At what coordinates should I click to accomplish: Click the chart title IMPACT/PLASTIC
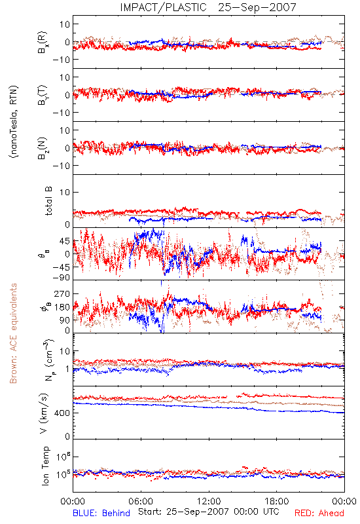(x=163, y=7)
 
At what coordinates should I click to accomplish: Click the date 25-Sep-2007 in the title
(x=257, y=7)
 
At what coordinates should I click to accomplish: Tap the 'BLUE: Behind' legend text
(x=101, y=513)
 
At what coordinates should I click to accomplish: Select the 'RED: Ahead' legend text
(x=319, y=513)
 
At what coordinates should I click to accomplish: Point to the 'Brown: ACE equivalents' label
(x=13, y=333)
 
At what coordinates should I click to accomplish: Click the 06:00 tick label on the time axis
(x=141, y=501)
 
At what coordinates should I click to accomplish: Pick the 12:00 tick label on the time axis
(x=209, y=501)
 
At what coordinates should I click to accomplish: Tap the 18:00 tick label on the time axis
(x=277, y=501)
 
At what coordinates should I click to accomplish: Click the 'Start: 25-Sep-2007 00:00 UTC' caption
(x=208, y=512)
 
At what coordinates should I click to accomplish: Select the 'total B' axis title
(x=48, y=201)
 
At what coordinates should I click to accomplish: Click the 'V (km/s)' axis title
(x=45, y=413)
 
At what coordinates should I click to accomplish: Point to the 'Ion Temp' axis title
(x=45, y=466)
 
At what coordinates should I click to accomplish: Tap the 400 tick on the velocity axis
(x=63, y=413)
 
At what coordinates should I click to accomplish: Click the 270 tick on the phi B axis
(x=63, y=293)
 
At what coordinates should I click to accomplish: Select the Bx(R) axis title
(x=43, y=42)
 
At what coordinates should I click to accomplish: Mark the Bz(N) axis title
(x=43, y=148)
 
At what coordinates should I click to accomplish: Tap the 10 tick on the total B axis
(x=65, y=192)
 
